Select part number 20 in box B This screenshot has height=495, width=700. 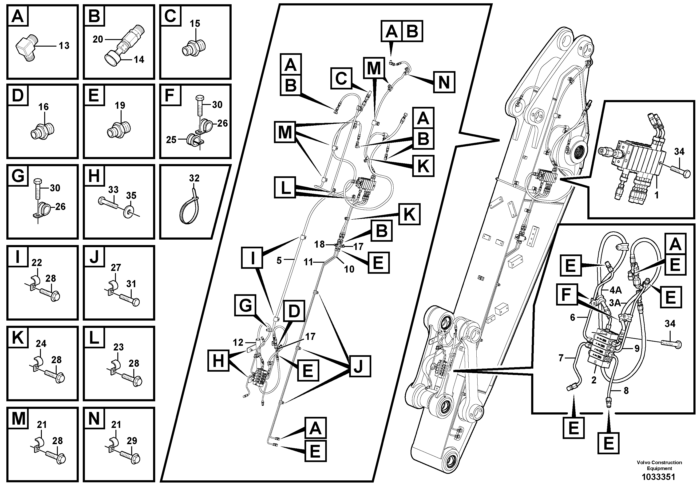click(x=98, y=39)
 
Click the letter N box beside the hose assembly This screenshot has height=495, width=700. click(x=444, y=82)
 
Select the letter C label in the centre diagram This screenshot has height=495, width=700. click(x=341, y=78)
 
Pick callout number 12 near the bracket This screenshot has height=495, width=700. click(x=238, y=342)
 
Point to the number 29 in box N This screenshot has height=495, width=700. click(x=132, y=441)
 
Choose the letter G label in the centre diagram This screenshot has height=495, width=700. click(x=245, y=305)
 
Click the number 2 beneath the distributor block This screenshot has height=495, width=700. click(x=593, y=380)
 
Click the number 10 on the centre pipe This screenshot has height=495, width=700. click(x=349, y=269)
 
